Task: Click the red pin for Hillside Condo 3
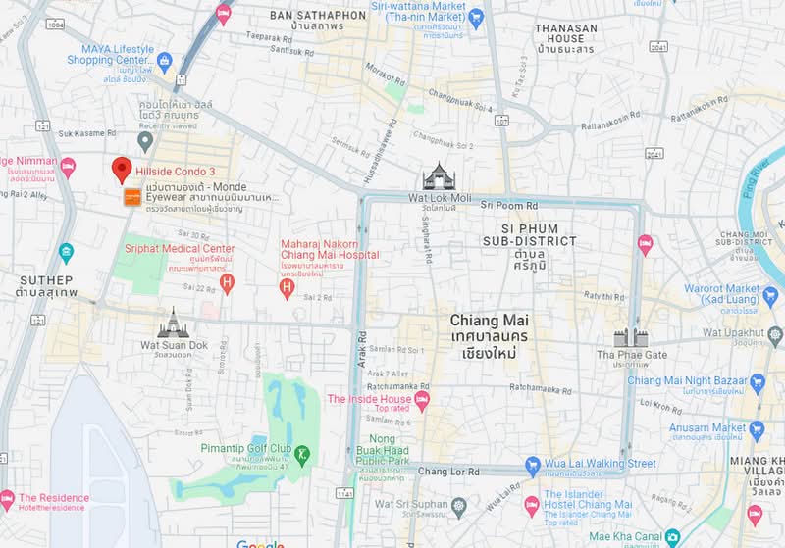click(x=122, y=169)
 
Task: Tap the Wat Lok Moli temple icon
click(x=439, y=177)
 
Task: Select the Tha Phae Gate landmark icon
click(x=631, y=338)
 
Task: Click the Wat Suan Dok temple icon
click(x=173, y=324)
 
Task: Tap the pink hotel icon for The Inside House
click(x=422, y=400)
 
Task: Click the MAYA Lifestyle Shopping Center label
click(x=110, y=55)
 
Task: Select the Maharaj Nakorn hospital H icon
click(x=287, y=287)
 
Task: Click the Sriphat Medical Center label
click(x=180, y=249)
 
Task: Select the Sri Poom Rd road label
click(x=509, y=206)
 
